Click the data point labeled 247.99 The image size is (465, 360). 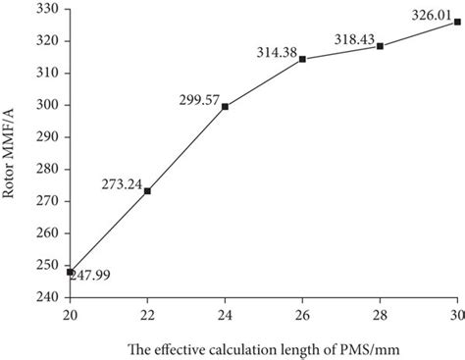point(70,272)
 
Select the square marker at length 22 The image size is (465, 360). point(147,190)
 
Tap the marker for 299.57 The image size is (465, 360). point(225,106)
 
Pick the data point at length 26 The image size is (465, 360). point(302,59)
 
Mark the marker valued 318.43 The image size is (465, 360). point(380,46)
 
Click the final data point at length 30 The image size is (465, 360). point(457,22)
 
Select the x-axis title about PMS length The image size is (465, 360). point(249,347)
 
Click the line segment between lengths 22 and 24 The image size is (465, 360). point(186,148)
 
